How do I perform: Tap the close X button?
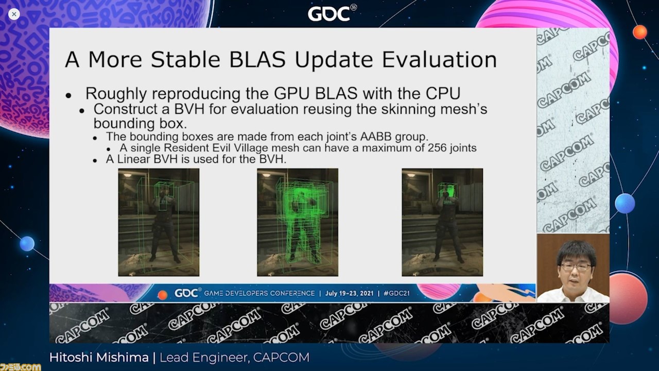pos(14,14)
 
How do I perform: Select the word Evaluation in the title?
pos(440,60)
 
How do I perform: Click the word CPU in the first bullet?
pos(443,94)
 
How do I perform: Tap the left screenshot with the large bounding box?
pos(159,222)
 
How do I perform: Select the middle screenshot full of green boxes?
pos(298,222)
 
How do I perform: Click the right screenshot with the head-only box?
pos(442,222)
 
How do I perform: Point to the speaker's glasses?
pos(576,267)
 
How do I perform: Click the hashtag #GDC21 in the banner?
pos(396,293)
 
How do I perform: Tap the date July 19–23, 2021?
pos(349,293)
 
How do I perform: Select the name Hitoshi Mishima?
pos(99,358)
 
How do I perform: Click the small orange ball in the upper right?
pos(640,32)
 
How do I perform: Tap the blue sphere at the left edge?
pos(27,244)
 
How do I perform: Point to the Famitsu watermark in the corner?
pos(20,367)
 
